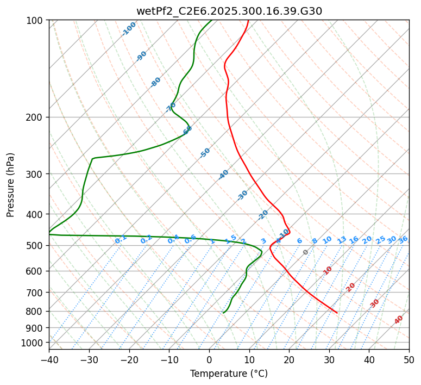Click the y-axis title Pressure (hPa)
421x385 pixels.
coord(11,184)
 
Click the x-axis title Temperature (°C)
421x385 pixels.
coord(229,374)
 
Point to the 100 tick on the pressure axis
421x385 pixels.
coord(36,20)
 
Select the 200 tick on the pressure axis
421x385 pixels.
coord(36,117)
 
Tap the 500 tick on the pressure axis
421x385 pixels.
coord(36,245)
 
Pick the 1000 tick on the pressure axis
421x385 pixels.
coord(34,343)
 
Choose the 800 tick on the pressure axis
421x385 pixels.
coord(36,311)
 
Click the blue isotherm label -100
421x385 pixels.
coord(129,29)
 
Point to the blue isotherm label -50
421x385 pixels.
coord(205,153)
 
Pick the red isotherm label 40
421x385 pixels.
coord(399,320)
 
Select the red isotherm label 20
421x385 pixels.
coord(351,287)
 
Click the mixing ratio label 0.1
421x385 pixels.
coord(121,239)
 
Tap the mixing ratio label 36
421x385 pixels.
coord(403,239)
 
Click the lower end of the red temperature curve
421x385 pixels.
coord(337,313)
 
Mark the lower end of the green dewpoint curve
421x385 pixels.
coord(223,313)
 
